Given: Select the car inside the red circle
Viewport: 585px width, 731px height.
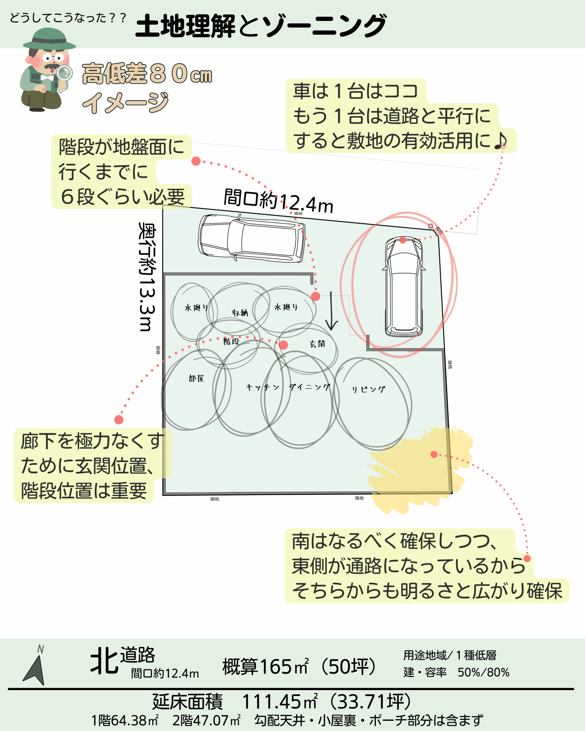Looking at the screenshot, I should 404,286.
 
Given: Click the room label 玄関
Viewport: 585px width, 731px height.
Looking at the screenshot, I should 317,344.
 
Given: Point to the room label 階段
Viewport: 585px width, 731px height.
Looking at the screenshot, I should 231,342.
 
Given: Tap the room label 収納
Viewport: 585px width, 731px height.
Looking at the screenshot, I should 240,313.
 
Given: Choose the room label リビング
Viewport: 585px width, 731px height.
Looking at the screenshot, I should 368,389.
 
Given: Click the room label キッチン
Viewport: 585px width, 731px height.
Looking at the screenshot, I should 263,387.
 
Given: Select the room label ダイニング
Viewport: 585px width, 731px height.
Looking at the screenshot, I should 310,387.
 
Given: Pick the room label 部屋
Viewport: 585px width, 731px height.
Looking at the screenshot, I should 196,378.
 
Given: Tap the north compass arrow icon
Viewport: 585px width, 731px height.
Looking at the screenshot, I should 35,670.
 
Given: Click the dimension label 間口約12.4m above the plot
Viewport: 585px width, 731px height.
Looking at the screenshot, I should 278,201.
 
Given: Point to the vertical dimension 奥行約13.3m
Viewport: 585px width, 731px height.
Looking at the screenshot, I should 147,276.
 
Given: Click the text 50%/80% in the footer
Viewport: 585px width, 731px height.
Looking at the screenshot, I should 483,673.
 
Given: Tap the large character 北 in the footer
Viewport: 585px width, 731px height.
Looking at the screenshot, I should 104,660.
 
